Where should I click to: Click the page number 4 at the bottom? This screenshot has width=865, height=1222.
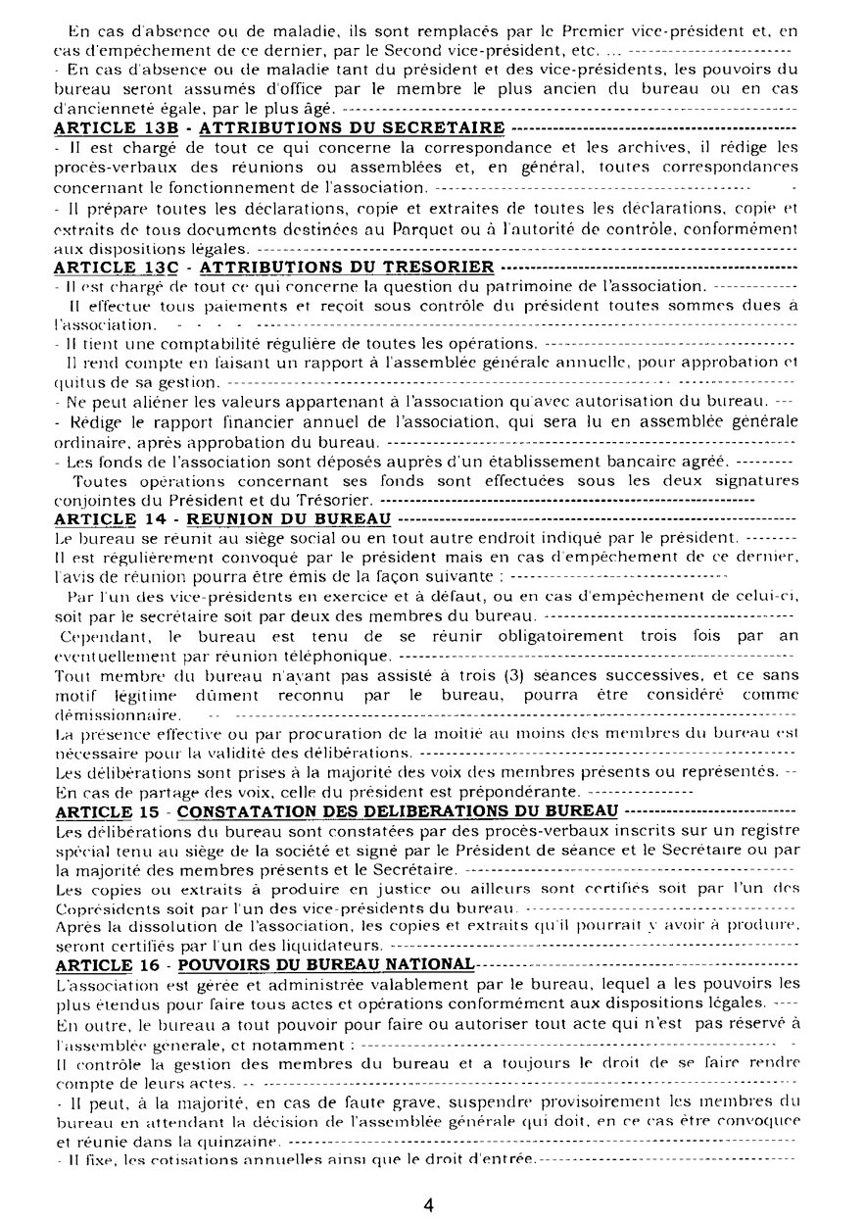point(428,1204)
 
